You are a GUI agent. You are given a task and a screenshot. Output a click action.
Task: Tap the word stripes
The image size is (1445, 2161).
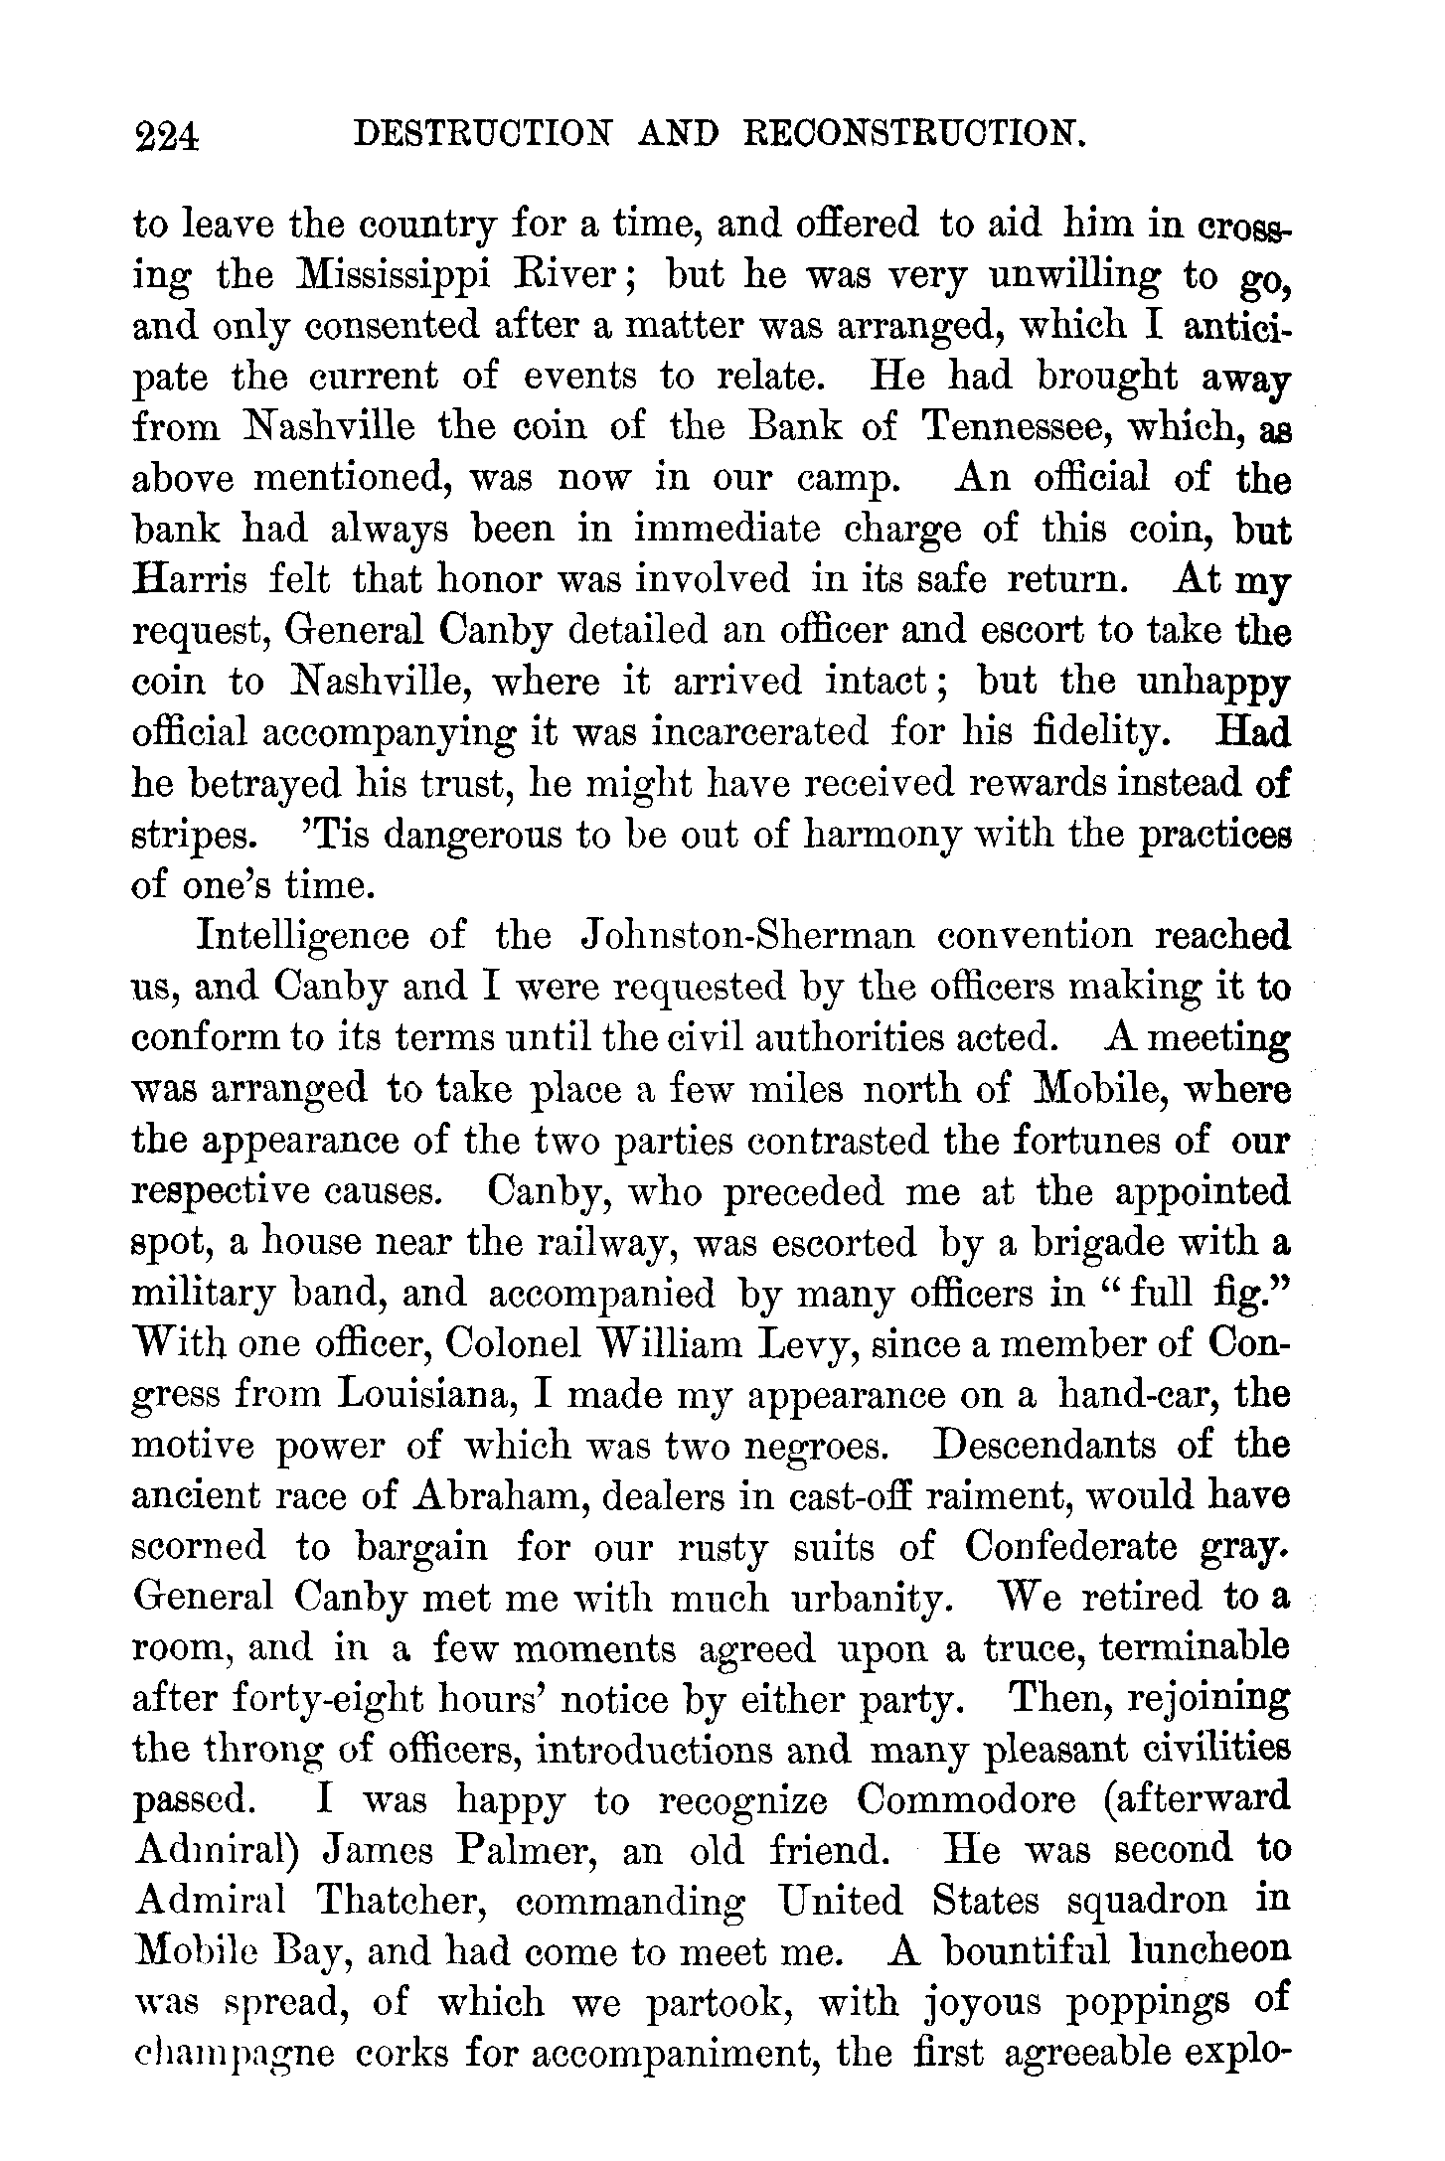[x=192, y=836]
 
